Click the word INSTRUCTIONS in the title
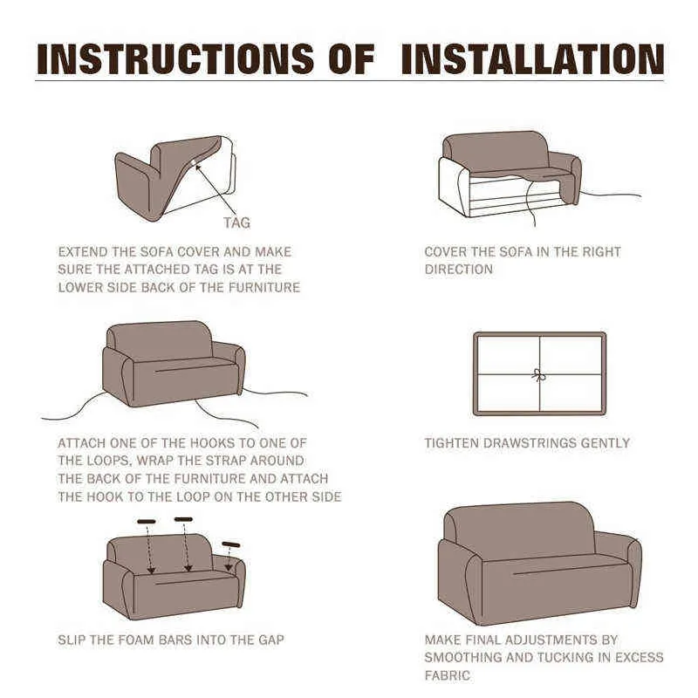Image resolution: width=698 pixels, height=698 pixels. point(175,59)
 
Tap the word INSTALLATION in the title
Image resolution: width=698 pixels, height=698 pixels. point(533,59)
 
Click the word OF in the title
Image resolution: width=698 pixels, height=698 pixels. point(352,59)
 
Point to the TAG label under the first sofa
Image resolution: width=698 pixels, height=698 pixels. point(236,222)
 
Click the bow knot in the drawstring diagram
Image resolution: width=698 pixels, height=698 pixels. point(539,375)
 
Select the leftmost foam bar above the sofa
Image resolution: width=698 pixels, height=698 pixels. point(147,521)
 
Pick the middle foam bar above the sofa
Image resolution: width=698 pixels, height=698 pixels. point(183,519)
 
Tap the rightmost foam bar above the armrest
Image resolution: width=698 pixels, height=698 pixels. point(231,544)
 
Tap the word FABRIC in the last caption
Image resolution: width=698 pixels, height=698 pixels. point(448,675)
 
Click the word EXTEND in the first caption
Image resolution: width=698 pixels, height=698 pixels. point(83,252)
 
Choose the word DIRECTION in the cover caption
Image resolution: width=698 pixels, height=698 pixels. point(459,270)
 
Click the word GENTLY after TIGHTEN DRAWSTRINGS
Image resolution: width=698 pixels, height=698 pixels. point(606,443)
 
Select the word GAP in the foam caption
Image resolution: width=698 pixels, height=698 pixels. point(271,640)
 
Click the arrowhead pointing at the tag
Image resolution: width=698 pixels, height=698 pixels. point(198,168)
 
